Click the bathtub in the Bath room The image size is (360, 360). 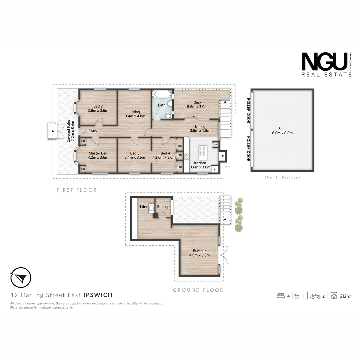coord(161,94)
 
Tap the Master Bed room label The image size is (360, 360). coord(98,153)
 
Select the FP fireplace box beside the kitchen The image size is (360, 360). coord(222,156)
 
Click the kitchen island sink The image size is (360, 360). coord(202,151)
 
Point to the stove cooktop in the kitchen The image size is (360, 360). coord(186,156)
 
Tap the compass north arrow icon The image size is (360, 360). coord(21,277)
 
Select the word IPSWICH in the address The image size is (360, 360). coord(98,295)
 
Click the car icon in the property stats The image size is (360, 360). coord(315,296)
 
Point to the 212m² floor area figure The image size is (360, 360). coord(345,296)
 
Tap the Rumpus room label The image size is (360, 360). coord(199,251)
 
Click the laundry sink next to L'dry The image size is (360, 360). coord(151,208)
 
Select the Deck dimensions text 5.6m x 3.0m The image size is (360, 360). coord(197,107)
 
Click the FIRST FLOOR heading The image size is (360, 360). coord(77,190)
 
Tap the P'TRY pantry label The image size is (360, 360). coord(216,145)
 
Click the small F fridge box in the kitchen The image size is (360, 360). coord(215,169)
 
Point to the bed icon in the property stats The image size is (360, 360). coord(280,296)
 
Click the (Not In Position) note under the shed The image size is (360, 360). coord(282,177)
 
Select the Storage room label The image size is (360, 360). coord(163,207)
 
